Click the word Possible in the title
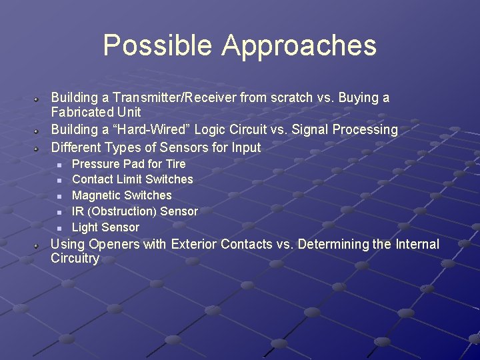click(x=158, y=45)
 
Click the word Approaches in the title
click(x=299, y=45)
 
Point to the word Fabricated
click(x=81, y=112)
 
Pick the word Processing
click(x=367, y=129)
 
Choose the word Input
click(x=246, y=147)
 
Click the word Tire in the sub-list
click(x=175, y=163)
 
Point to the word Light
click(x=85, y=227)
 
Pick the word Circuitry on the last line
click(x=75, y=259)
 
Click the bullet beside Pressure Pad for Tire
click(x=59, y=164)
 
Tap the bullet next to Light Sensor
click(x=59, y=228)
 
